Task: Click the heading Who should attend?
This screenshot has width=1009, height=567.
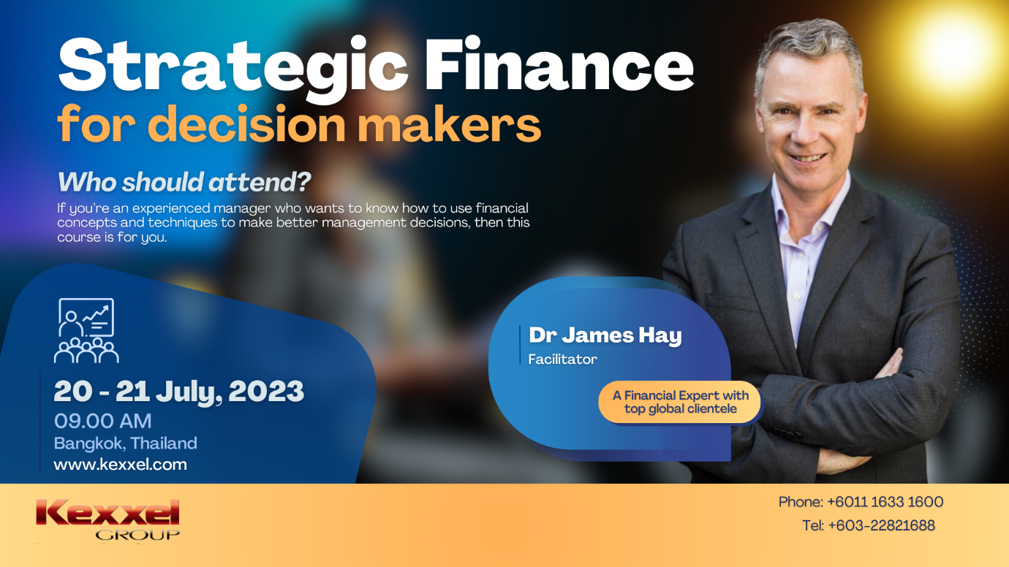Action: point(184,182)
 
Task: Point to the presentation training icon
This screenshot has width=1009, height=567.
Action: point(86,330)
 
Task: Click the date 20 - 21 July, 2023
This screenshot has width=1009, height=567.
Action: point(179,391)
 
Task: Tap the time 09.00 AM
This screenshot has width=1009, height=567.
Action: point(102,421)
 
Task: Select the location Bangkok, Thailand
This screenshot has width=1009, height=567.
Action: point(125,444)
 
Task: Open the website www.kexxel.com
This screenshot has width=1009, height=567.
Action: point(120,465)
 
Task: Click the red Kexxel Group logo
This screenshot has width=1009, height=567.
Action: point(107,519)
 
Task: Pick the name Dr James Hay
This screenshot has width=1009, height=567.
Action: point(605,335)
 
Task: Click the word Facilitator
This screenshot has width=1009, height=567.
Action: point(562,359)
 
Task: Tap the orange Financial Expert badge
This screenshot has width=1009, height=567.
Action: point(680,402)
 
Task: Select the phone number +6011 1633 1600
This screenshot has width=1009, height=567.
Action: point(885,502)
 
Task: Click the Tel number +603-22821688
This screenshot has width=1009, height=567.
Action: point(881,525)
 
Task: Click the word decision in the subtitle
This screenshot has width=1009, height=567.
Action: point(247,123)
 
